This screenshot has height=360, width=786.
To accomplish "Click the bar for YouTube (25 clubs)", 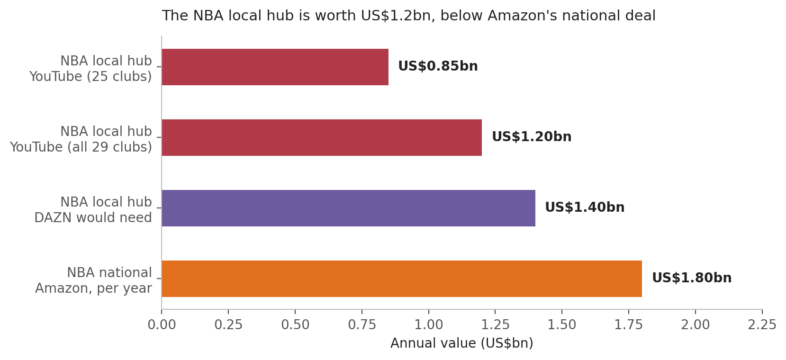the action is pos(275,67).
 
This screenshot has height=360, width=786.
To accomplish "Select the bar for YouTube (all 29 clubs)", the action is pos(322,137).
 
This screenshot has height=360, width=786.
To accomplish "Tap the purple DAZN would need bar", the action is pos(348,208).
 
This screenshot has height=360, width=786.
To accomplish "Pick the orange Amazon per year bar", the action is pos(402,279).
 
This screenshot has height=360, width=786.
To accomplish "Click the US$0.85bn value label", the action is pos(438,66).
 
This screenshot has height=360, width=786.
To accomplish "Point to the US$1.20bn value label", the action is pos(532,137).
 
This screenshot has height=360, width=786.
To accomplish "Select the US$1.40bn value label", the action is pos(585,207).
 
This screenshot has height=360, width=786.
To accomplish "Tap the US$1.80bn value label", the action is pos(692,278).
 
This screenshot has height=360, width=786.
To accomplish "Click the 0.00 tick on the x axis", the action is pos(162,325).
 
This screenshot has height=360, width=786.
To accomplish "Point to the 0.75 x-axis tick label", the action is pos(362,325).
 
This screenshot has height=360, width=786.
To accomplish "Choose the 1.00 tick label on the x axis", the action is pos(428,325).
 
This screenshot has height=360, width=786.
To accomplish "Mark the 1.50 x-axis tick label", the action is pos(562,325).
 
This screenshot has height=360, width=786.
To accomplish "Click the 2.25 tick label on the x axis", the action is pos(762,325).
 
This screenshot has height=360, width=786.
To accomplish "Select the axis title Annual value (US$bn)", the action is pos(462,343).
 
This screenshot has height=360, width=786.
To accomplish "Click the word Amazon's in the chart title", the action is pos(523,16).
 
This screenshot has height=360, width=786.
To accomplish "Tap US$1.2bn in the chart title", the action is pos(396,16).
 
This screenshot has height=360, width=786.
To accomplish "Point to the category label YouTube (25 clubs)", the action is pos(90,76).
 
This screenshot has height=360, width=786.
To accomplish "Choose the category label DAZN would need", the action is pos(93,217).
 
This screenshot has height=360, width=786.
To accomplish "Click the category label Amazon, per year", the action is pos(94,288).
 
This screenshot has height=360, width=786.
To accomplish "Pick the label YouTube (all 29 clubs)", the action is pos(81,147).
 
